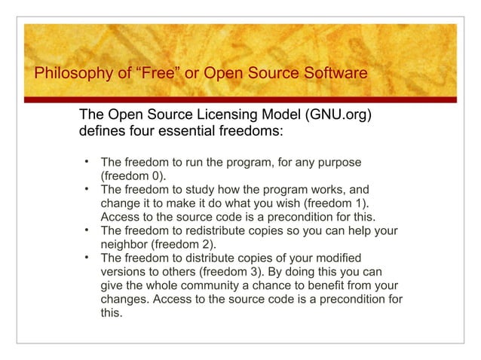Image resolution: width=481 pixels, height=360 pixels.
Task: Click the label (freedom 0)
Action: pos(133,176)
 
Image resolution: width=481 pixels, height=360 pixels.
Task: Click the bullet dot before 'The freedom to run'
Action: pos(87,161)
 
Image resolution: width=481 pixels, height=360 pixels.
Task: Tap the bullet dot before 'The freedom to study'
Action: pos(87,188)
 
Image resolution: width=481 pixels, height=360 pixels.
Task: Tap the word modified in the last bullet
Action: pos(339,258)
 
